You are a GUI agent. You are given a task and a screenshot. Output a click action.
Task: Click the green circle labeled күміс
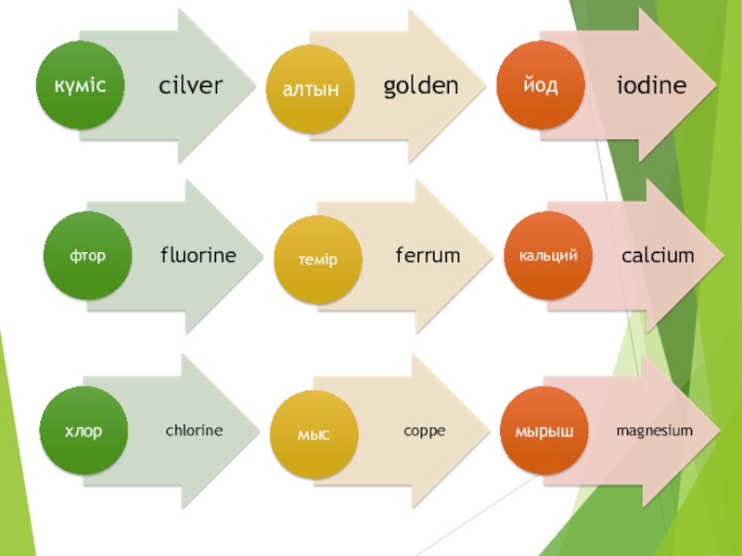[x=80, y=85]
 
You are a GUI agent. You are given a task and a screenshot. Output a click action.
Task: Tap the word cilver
[x=191, y=86]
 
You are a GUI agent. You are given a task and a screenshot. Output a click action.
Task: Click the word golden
[x=421, y=86]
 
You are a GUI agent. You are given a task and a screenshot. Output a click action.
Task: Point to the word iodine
[x=652, y=86]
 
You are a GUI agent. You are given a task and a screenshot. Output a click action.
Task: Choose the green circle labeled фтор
[x=85, y=256]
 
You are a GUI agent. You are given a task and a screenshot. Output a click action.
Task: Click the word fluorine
[x=198, y=255]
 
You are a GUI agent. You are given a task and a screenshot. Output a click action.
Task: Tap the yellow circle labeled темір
[x=317, y=259]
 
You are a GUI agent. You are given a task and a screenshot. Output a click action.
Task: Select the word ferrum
[x=428, y=255]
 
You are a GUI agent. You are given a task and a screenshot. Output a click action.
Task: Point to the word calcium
[x=658, y=255]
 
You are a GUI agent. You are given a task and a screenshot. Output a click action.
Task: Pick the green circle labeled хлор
[x=83, y=431]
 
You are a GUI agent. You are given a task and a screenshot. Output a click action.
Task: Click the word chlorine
[x=195, y=430]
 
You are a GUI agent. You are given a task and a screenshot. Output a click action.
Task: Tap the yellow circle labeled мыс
[x=313, y=433]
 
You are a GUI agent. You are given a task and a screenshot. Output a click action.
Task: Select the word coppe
[x=425, y=430]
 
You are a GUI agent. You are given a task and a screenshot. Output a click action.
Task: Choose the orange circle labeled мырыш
[x=545, y=431]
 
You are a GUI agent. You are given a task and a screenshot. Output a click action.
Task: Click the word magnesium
[x=655, y=430]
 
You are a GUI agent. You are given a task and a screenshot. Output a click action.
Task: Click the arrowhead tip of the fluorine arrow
[x=262, y=256]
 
